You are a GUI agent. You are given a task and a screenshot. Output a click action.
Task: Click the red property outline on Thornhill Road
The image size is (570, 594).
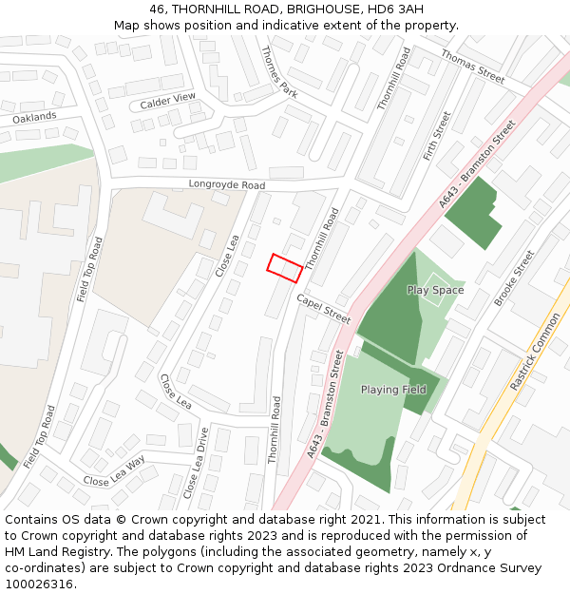coord(285,268)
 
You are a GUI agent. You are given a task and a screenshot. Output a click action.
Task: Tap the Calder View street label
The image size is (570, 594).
coord(167,100)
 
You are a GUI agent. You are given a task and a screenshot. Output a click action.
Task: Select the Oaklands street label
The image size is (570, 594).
coord(35,117)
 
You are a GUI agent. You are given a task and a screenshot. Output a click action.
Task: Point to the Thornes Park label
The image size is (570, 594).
coord(279,72)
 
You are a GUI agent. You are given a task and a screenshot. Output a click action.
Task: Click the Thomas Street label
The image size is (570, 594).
coord(473,67)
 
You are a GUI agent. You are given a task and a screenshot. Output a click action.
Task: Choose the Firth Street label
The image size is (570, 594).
coord(437,136)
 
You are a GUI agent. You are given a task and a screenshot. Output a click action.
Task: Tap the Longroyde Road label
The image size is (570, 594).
coord(226,184)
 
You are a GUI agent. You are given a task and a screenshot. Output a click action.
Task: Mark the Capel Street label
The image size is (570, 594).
coord(323,308)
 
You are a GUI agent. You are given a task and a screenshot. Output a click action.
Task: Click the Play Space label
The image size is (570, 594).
coord(435,290)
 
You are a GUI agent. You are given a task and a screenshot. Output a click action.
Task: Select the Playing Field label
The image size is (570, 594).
coord(393,390)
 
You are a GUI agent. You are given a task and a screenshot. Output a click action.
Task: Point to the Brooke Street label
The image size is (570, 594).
coord(514,278)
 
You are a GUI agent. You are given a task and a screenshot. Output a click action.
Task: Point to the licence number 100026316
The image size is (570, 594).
coord(41,584)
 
